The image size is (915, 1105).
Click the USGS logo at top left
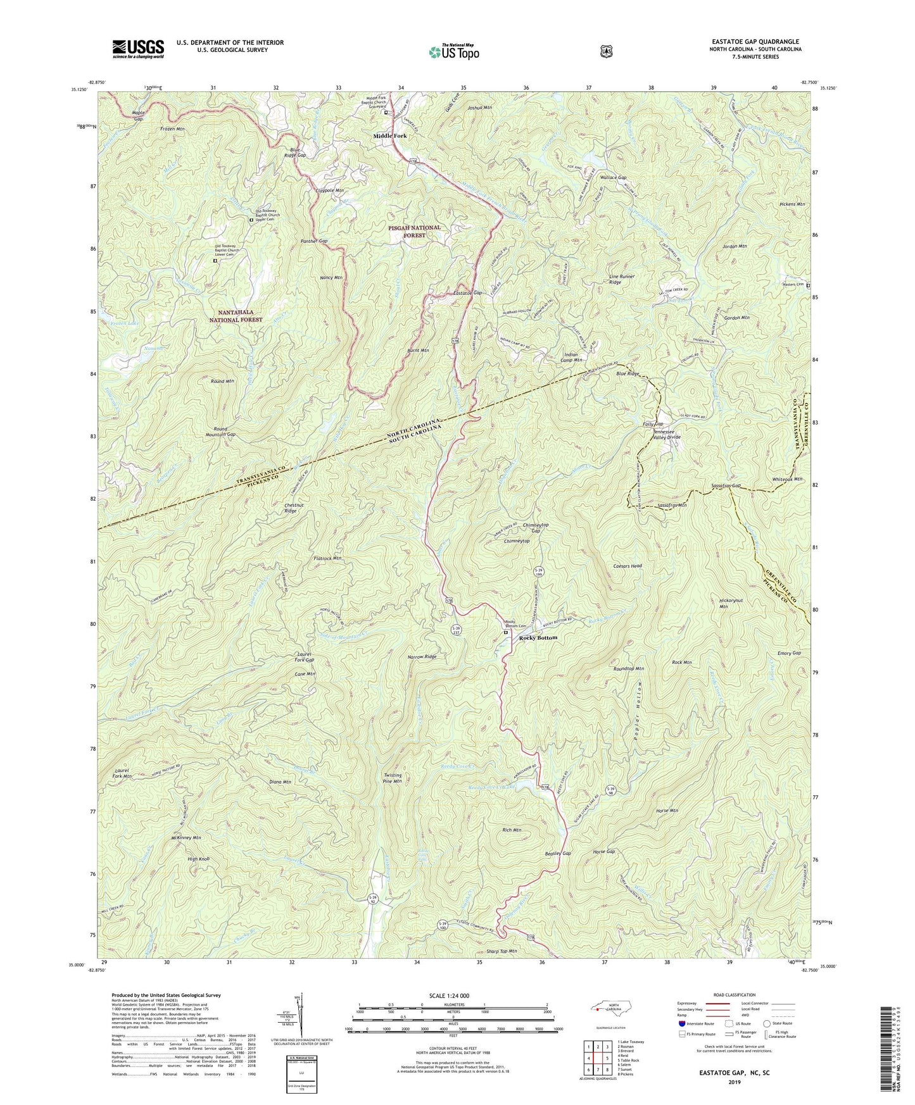(138, 48)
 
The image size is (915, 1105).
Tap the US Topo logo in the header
(453, 51)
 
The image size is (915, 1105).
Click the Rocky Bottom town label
(538, 637)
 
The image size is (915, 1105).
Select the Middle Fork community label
(390, 136)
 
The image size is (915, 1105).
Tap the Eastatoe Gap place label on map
(468, 293)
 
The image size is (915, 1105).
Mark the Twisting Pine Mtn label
(393, 778)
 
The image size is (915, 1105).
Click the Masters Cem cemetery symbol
(807, 285)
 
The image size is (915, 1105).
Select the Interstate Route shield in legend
(681, 1023)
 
